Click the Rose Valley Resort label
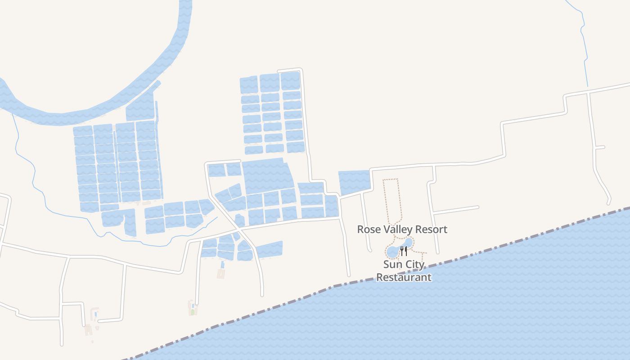point(402,229)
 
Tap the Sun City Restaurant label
point(404,271)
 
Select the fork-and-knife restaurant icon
point(404,251)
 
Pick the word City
point(414,265)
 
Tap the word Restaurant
point(404,277)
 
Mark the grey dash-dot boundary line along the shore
point(495,247)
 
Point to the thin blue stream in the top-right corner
point(584,45)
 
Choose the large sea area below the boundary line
point(450,315)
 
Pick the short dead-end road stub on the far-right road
point(600,147)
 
